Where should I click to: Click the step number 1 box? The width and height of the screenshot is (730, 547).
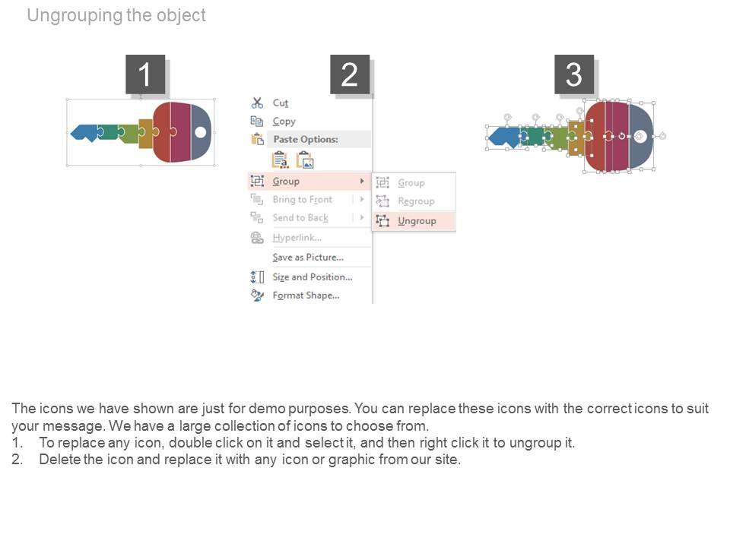[x=144, y=74]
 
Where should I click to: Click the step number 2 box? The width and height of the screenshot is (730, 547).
[x=349, y=74]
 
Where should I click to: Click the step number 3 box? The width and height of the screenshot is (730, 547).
[x=573, y=74]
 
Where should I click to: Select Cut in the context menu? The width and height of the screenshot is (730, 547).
[x=280, y=103]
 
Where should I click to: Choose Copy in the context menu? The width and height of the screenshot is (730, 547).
[x=284, y=122]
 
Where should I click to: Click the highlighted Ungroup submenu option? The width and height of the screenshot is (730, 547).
[x=417, y=221]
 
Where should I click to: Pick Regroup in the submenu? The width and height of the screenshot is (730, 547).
[x=416, y=201]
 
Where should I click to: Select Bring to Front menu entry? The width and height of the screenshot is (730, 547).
[x=302, y=200]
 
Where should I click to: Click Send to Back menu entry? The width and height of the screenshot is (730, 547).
[x=300, y=218]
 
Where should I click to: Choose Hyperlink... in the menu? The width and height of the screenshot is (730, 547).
[x=297, y=238]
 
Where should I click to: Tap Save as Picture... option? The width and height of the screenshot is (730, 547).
[x=307, y=258]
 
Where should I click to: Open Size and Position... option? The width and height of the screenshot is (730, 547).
[x=312, y=277]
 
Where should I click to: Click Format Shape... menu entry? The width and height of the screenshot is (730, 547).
[x=306, y=296]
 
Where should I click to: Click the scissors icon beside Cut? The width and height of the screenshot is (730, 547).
[x=257, y=103]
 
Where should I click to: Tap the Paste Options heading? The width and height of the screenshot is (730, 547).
[x=305, y=140]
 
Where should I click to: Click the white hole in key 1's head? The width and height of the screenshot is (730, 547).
[x=201, y=132]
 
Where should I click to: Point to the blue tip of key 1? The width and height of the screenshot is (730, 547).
[x=83, y=133]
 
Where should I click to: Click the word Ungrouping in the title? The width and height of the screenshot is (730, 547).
[x=73, y=15]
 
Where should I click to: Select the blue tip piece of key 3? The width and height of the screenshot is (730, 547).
[x=503, y=137]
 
